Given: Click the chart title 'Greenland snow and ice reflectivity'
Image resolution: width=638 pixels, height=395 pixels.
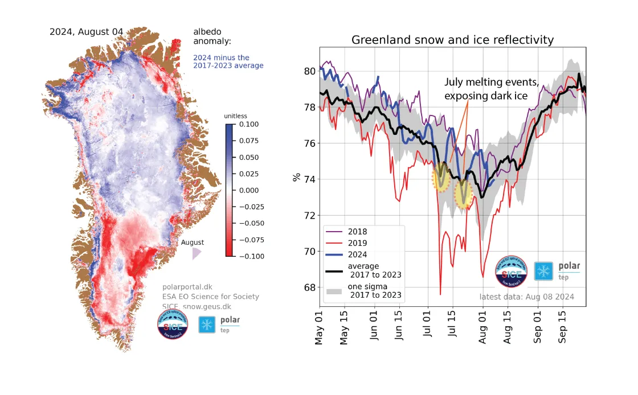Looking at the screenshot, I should [x=452, y=40].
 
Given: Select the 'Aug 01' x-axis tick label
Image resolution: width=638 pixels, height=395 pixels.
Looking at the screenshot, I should [x=483, y=328].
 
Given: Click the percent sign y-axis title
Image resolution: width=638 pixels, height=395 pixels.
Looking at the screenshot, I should [x=296, y=177].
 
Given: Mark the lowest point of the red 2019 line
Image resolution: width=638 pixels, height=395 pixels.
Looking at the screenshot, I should [x=440, y=294].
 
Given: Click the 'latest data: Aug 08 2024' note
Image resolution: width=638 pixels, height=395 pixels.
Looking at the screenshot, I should [x=526, y=297].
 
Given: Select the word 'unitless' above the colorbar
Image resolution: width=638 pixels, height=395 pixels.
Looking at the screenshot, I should [x=235, y=116].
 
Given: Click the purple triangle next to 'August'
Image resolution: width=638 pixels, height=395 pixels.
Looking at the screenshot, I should [x=196, y=253].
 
